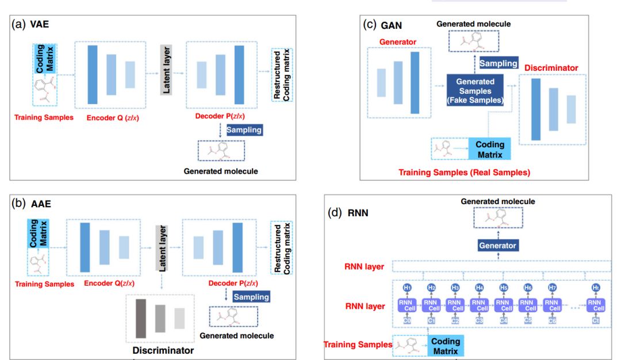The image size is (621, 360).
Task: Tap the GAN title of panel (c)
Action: point(392,25)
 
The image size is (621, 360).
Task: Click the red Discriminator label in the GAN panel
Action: point(551,68)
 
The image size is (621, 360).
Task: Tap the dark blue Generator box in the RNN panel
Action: point(497,246)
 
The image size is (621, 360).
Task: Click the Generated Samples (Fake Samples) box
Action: point(476,90)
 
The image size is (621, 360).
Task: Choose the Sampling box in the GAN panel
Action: point(499,63)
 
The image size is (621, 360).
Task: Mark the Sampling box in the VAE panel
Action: point(244,130)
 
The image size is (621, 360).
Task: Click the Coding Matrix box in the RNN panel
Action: point(446,346)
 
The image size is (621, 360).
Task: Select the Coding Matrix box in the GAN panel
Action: point(490,150)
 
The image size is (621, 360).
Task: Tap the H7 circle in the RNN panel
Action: point(551,287)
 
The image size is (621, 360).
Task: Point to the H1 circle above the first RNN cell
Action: point(408,287)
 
